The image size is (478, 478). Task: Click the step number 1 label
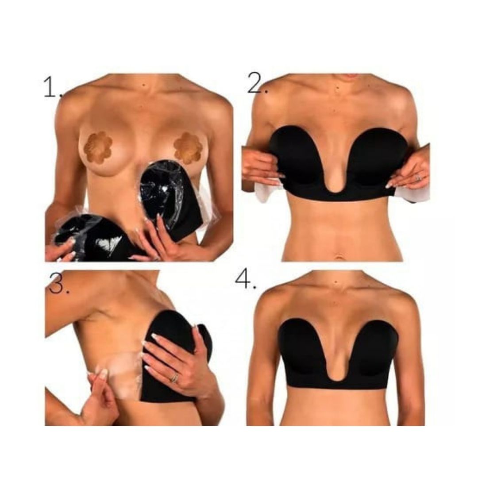tap(52, 87)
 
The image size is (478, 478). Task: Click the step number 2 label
tap(258, 83)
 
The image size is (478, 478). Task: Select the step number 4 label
tap(245, 279)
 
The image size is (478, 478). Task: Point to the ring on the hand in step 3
tap(174, 378)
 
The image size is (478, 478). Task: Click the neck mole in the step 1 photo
tap(144, 85)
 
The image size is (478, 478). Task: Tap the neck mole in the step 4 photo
tap(336, 282)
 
